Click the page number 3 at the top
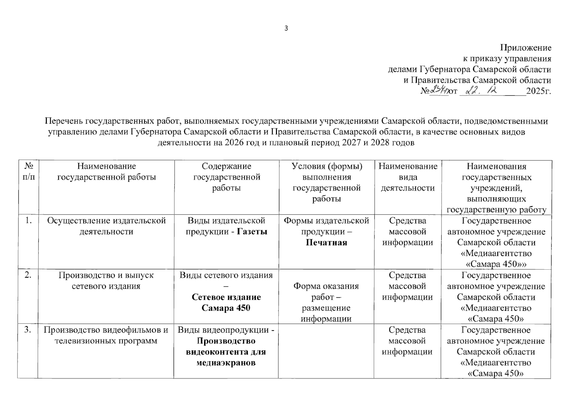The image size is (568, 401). tap(286, 28)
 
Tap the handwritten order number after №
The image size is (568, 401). tap(439, 91)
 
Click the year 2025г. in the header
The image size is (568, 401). tap(538, 91)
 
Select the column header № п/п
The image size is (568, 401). tap(28, 171)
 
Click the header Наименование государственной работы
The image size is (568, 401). tap(107, 171)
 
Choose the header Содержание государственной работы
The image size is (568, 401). tap(226, 177)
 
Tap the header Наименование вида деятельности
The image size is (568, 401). tap(408, 177)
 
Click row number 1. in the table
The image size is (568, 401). tap(28, 221)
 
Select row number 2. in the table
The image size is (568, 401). tap(28, 275)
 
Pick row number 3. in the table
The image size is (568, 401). tap(28, 330)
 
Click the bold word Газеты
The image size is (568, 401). tap(252, 232)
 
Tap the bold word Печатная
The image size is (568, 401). tap(326, 243)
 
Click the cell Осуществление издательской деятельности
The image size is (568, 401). tap(106, 226)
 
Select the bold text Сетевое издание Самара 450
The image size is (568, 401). tap(226, 302)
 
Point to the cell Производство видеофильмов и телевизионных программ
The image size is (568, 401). tap(106, 335)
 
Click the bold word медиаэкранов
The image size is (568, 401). tap(226, 363)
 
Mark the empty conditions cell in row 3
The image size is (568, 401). tap(326, 351)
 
